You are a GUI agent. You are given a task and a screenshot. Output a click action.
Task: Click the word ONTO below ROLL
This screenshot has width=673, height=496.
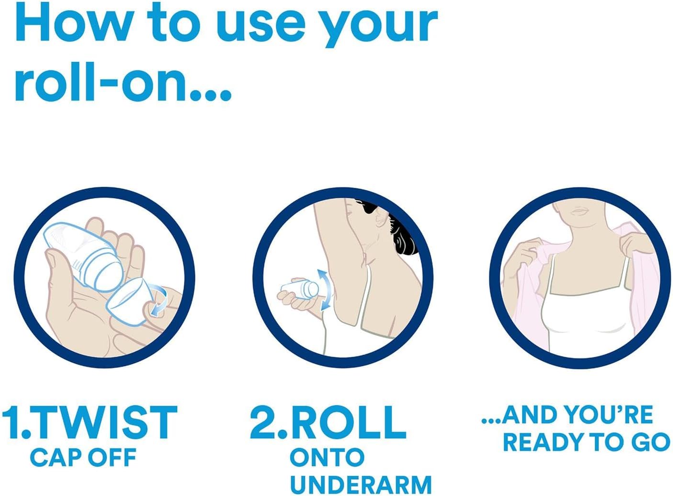327,457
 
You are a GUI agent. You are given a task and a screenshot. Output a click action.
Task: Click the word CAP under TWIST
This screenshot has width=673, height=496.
57,457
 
